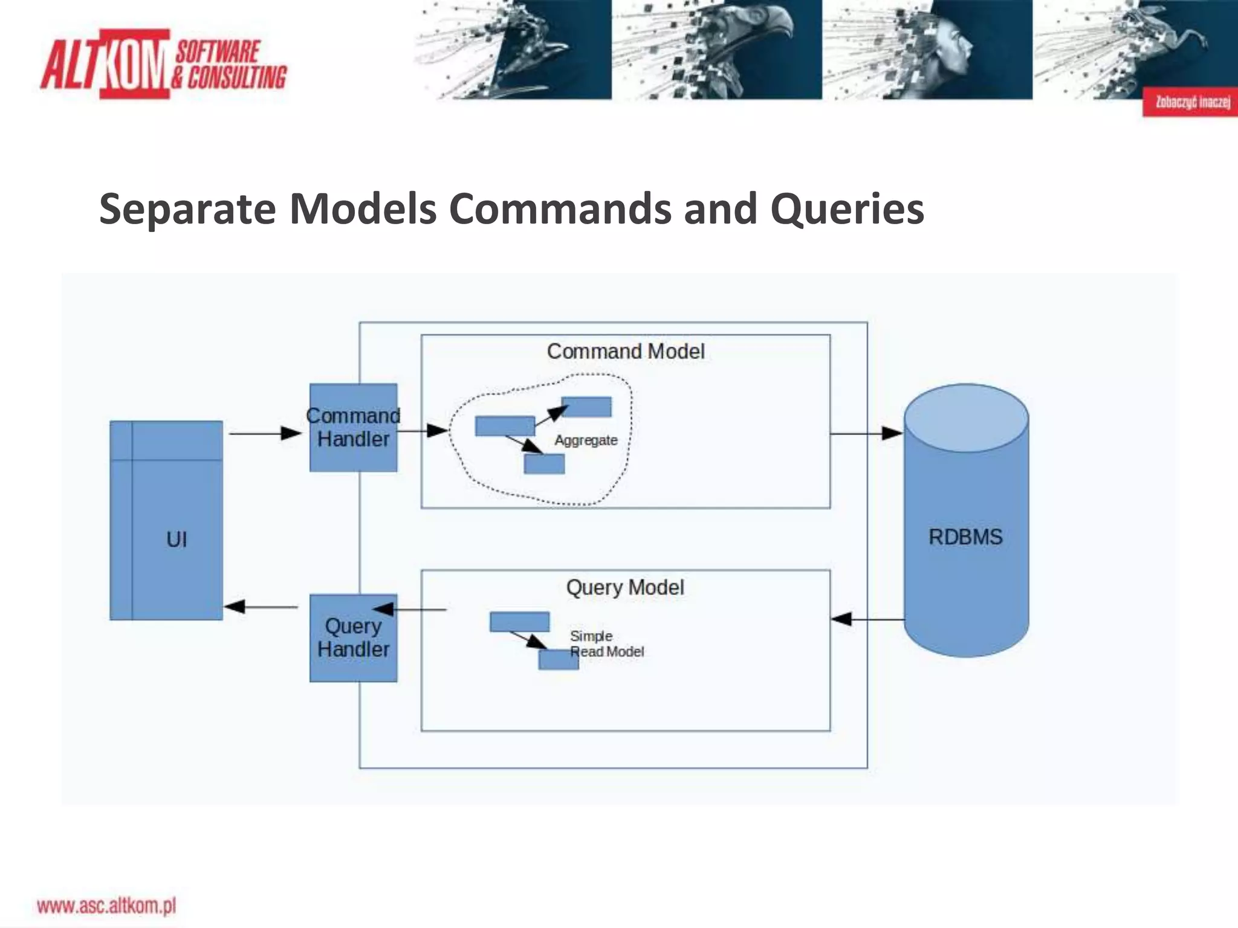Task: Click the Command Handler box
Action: pos(353,428)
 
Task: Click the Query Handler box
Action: pos(353,638)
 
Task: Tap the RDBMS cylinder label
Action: pos(965,537)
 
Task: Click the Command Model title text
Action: pos(626,352)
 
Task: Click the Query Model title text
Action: pos(625,587)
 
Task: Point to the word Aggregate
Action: pos(586,440)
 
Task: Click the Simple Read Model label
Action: pos(606,644)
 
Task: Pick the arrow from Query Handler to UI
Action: pos(261,607)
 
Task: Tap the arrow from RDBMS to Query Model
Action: pos(867,619)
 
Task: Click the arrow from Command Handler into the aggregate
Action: pos(423,431)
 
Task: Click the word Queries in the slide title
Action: pos(847,209)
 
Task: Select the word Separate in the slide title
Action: pos(187,209)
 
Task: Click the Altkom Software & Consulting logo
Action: pos(163,64)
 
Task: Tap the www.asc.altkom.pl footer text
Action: pos(106,906)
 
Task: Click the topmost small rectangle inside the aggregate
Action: pos(586,407)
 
